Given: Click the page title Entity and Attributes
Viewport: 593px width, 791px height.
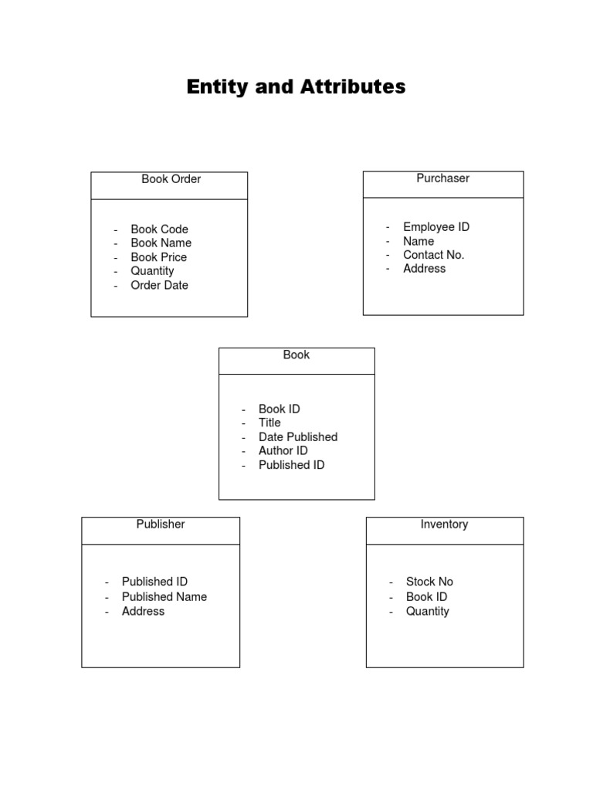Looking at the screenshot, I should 296,87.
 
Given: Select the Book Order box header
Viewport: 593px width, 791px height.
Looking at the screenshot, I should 171,179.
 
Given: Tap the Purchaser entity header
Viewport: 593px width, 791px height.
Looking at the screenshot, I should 442,178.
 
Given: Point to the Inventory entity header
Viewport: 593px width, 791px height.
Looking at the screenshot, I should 444,525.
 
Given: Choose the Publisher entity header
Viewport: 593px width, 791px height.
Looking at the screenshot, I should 161,525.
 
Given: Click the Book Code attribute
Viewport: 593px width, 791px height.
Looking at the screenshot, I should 159,229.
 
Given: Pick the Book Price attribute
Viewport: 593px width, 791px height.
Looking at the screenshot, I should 158,257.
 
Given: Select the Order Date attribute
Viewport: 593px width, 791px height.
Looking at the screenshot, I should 159,285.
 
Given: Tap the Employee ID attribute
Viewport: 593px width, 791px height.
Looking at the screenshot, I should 436,227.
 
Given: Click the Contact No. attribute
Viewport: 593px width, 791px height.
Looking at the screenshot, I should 434,255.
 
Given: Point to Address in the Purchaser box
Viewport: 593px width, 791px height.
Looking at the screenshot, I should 424,269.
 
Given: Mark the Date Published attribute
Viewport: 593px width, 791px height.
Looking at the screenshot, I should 298,437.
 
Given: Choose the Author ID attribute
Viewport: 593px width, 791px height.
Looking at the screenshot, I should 283,451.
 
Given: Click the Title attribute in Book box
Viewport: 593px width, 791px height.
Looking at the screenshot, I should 269,423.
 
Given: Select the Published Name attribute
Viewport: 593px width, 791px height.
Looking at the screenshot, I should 164,597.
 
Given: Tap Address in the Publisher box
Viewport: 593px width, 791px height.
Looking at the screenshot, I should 143,611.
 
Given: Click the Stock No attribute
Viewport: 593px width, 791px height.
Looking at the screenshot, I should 429,582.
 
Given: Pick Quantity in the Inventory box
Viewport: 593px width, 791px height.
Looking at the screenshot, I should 427,611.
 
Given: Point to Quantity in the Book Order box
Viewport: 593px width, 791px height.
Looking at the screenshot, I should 152,271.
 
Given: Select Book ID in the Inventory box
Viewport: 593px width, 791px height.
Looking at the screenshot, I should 426,597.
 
